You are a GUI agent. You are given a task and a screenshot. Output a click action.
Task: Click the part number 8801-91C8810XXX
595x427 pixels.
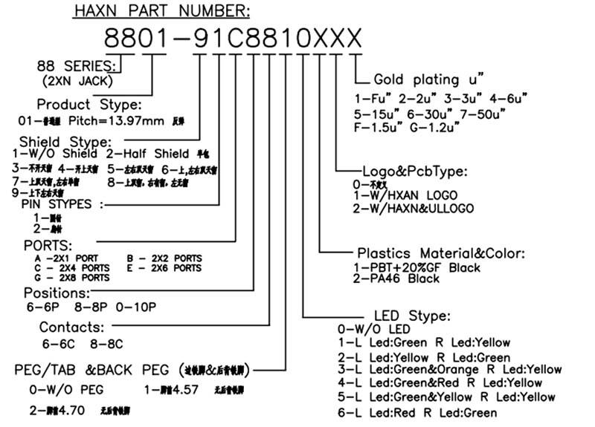(x=232, y=38)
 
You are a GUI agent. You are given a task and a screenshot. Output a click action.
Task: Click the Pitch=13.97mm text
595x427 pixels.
(x=109, y=120)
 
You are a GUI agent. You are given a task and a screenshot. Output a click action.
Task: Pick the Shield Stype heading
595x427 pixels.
(x=66, y=142)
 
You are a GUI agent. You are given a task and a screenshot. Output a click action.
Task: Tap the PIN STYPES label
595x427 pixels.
(x=58, y=203)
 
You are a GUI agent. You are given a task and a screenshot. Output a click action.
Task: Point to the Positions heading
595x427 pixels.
(x=57, y=293)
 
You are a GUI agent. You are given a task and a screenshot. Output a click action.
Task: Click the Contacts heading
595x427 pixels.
(x=71, y=327)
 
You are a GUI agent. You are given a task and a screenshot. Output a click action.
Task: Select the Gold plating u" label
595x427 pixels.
(x=430, y=79)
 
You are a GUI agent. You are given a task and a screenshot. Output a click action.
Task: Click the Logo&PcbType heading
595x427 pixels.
(x=415, y=172)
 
